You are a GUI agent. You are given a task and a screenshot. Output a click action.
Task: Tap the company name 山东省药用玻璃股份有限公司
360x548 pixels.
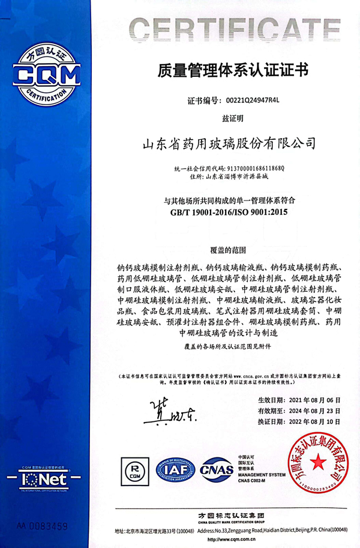[x=228, y=144]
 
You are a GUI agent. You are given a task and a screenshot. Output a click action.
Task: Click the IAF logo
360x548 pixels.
[x=175, y=469]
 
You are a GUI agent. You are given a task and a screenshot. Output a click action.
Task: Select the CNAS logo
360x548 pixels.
[x=217, y=469]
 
